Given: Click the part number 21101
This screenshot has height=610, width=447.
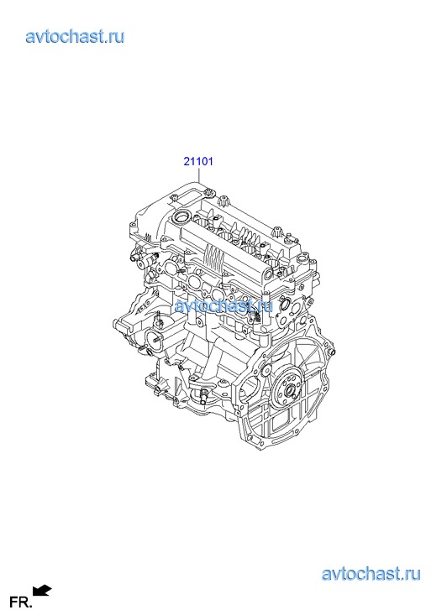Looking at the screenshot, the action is [x=198, y=160].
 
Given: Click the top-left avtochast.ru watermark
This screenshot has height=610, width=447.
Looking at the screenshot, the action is [x=76, y=36].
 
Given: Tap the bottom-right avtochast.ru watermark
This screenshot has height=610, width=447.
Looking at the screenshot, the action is [x=371, y=573].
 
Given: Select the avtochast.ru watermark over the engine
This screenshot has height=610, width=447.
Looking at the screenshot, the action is [x=223, y=305].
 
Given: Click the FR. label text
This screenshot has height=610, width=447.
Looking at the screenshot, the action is [x=20, y=602].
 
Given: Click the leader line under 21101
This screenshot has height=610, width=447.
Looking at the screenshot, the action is [x=198, y=175].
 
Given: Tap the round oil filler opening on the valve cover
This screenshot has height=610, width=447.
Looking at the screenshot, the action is [x=182, y=216].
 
